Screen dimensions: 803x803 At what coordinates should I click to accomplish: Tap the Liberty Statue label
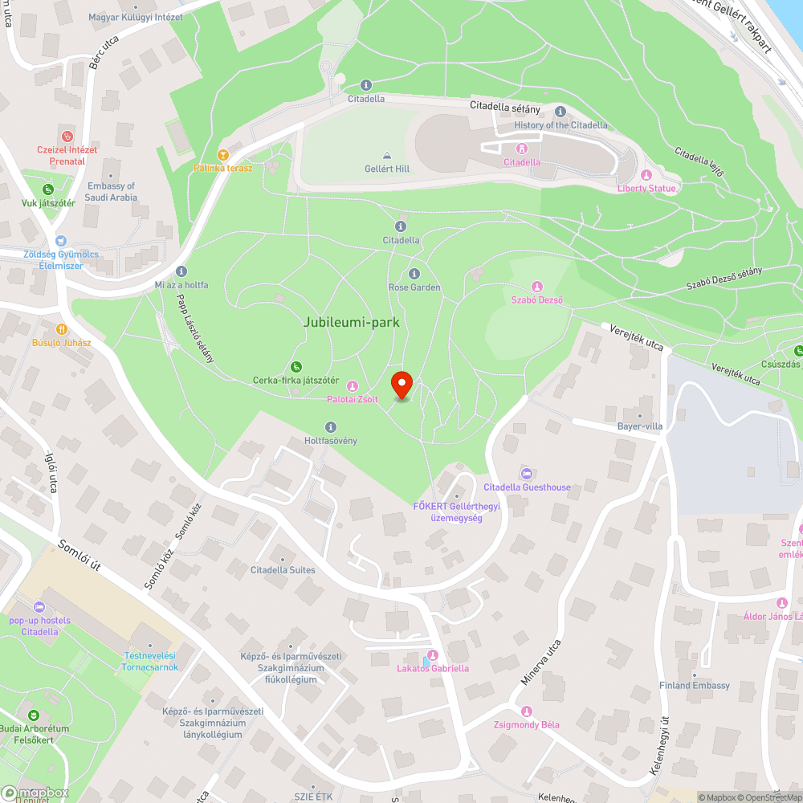(647, 188)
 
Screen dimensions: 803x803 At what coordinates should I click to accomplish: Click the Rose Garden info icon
(414, 274)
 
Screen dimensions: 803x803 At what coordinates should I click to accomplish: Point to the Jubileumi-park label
(352, 322)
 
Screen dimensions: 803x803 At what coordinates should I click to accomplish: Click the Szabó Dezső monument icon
(537, 287)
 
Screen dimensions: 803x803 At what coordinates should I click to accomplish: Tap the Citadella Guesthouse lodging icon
(527, 474)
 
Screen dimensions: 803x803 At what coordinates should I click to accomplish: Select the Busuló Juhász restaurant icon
(62, 329)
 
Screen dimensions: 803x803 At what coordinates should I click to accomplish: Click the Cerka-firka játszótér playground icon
(296, 367)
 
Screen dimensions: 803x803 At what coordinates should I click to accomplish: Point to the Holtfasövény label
(331, 441)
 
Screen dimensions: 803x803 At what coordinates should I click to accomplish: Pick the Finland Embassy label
(695, 686)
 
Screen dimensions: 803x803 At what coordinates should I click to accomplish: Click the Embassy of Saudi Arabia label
(112, 191)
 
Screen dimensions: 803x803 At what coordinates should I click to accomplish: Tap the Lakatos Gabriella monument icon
(433, 655)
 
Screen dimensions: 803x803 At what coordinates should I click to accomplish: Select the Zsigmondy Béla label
(527, 725)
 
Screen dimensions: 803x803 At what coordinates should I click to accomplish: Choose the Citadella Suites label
(283, 570)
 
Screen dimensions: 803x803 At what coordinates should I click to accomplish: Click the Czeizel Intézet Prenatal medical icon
(67, 137)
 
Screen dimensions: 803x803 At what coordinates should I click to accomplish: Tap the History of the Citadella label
(561, 125)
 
